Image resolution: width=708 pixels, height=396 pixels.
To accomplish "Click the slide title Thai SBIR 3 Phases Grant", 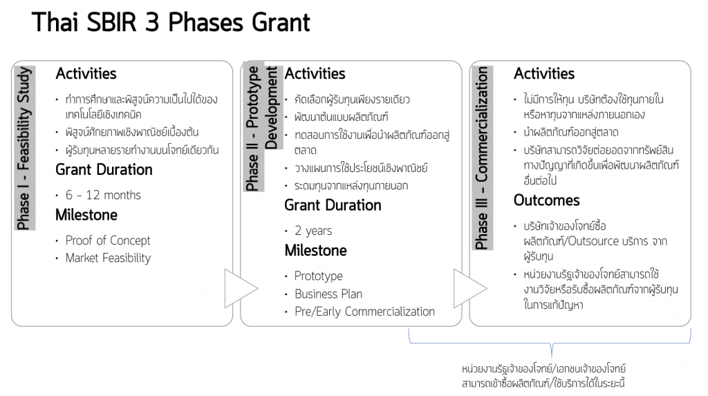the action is tap(171, 22).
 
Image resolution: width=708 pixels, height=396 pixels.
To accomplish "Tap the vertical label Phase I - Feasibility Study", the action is tap(24, 148).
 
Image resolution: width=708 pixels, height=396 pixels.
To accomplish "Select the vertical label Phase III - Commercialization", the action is tap(482, 158).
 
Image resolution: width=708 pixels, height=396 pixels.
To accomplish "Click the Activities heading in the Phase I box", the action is tap(86, 73).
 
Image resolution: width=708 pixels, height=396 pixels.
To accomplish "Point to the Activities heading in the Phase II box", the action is tap(315, 73).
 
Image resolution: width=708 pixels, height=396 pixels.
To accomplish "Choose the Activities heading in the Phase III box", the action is tap(544, 73).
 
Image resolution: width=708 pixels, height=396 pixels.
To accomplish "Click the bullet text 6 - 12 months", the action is tap(103, 195).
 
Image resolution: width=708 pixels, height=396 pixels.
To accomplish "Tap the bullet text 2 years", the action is tap(313, 231).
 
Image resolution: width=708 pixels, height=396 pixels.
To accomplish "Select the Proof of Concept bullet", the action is tap(107, 241).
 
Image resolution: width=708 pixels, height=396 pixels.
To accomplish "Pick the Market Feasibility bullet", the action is tap(108, 258).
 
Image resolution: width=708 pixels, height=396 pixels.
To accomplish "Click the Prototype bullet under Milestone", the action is tap(318, 276).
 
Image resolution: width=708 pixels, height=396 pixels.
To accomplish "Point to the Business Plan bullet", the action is tap(328, 294).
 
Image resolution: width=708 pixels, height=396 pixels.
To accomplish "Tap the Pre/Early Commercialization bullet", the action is tap(364, 312).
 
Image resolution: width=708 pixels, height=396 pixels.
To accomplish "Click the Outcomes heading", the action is tap(546, 200).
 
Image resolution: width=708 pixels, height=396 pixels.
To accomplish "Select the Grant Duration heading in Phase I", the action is tap(104, 170).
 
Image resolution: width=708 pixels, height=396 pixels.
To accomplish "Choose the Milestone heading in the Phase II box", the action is tap(315, 251).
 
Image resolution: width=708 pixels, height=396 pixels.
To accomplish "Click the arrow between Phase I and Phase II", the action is tap(241, 288).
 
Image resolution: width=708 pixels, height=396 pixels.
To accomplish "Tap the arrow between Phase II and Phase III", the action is tap(470, 288).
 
